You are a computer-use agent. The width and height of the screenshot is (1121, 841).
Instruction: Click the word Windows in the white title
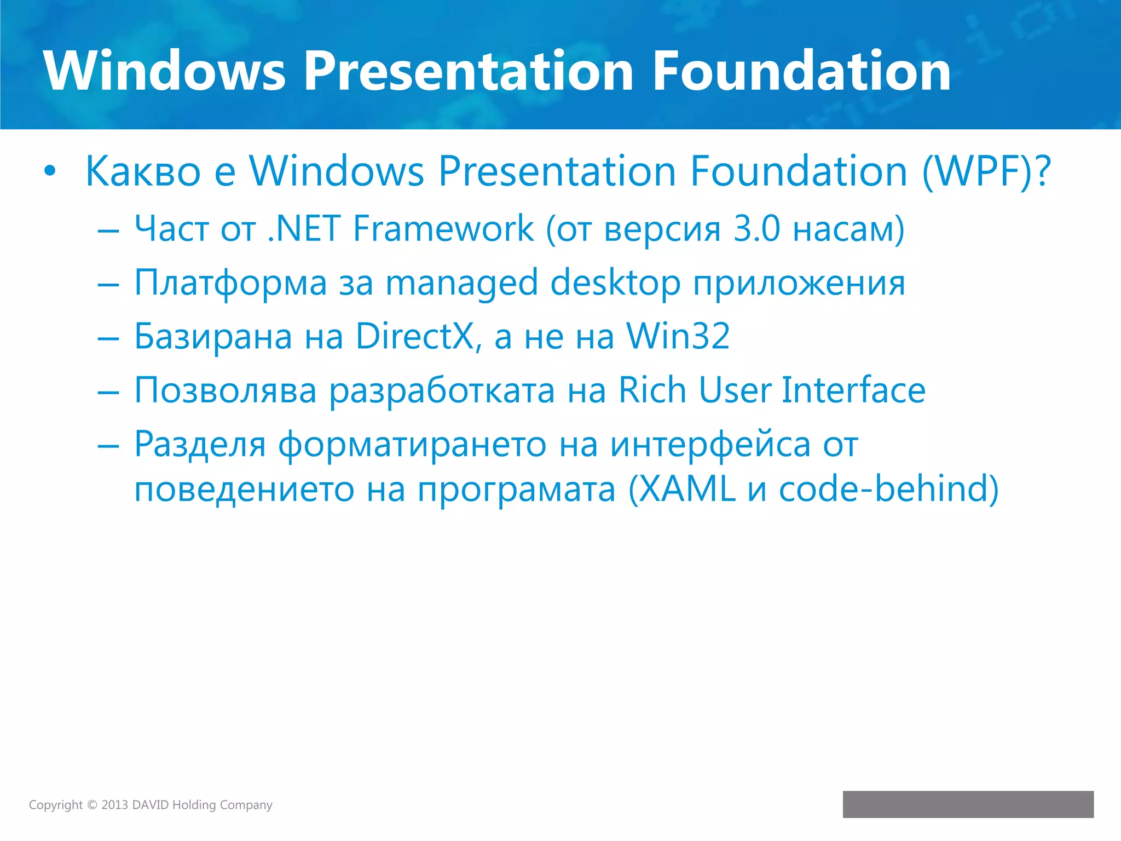point(164,71)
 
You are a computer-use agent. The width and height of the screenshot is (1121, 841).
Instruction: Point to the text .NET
point(304,228)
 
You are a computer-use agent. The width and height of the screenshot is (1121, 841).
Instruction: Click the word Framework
point(443,228)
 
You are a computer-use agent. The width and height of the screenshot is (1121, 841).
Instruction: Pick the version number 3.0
point(756,228)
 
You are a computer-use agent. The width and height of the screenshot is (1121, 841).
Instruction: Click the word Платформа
point(230,283)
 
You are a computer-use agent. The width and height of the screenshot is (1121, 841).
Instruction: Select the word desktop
point(615,283)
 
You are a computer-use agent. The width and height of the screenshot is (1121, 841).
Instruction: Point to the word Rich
point(652,390)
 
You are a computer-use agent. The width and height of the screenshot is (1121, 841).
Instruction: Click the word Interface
point(853,390)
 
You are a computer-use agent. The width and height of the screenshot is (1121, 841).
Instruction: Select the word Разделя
point(200,444)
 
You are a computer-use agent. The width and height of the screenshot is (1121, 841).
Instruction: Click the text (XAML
point(681,489)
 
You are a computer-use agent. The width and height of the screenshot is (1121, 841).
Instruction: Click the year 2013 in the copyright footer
point(114,805)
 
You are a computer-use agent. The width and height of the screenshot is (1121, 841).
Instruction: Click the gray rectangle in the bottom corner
point(968,804)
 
